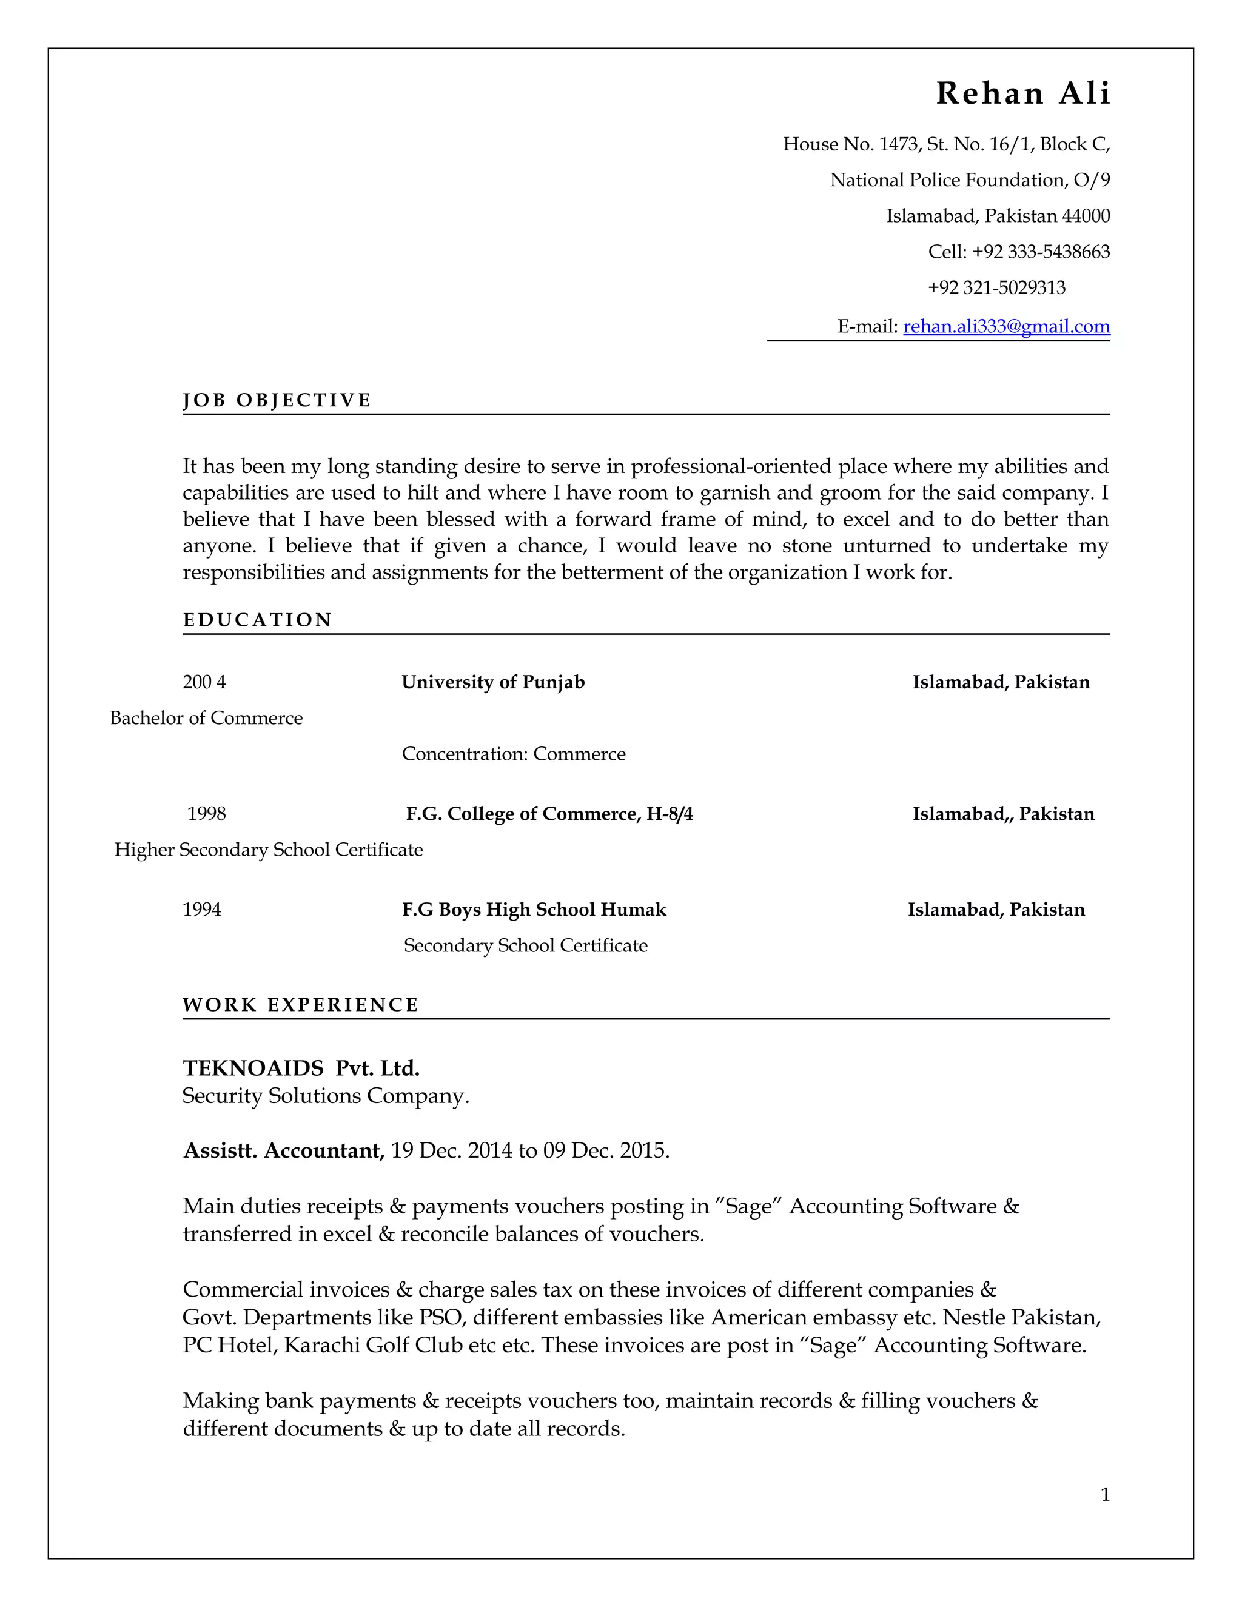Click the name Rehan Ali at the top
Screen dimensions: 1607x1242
[x=1022, y=93]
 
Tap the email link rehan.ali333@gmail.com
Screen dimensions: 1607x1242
[x=1006, y=326]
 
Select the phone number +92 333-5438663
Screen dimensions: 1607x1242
[x=1041, y=252]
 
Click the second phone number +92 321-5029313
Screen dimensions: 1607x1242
[x=996, y=287]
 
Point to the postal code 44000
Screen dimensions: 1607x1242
[x=1086, y=216]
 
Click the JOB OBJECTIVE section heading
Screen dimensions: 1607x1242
[x=277, y=400]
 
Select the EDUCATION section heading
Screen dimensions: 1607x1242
[x=258, y=620]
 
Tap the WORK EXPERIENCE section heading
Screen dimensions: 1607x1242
[x=300, y=1005]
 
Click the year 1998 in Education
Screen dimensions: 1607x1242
[x=206, y=814]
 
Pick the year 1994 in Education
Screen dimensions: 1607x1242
[x=201, y=910]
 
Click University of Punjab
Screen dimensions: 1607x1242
[x=493, y=682]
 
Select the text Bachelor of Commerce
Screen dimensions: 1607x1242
[x=206, y=718]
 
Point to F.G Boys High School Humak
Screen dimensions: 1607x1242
[x=534, y=910]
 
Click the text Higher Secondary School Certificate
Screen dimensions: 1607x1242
[x=269, y=850]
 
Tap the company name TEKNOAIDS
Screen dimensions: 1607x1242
[x=253, y=1068]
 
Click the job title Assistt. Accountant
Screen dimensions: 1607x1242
[x=283, y=1150]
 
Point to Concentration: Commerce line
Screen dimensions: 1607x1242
[x=514, y=754]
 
